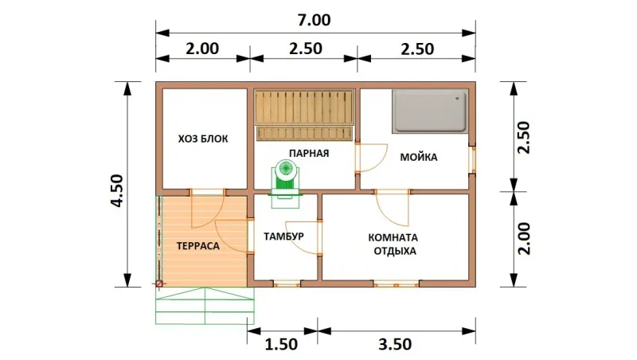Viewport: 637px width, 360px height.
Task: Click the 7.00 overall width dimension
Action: point(314,20)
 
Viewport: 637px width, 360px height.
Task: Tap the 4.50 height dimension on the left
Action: point(117,190)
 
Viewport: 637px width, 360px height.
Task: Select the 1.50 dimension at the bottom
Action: point(281,345)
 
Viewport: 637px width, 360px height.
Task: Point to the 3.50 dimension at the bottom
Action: point(395,345)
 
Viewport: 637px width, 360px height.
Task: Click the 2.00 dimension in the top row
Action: point(202,49)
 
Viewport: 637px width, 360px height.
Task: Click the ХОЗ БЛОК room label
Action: point(203,139)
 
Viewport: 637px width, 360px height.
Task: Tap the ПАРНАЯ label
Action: point(309,154)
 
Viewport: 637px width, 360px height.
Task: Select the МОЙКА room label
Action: point(419,157)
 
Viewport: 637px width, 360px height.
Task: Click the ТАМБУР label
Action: point(283,237)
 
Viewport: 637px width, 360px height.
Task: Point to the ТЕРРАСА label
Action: point(198,246)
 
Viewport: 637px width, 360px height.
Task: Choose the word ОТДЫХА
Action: point(395,251)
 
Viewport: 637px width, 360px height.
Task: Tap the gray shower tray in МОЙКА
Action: point(430,112)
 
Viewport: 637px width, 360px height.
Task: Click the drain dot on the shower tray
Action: point(458,98)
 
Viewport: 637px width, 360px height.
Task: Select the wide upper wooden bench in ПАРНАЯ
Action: point(304,108)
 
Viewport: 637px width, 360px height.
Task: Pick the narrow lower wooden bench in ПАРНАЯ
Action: point(304,133)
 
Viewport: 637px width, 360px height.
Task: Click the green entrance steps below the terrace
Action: point(205,306)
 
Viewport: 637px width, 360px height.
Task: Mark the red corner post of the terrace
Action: point(159,284)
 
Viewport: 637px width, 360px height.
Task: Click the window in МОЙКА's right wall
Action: point(472,159)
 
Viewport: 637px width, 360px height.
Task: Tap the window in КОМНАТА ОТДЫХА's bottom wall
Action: point(397,284)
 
